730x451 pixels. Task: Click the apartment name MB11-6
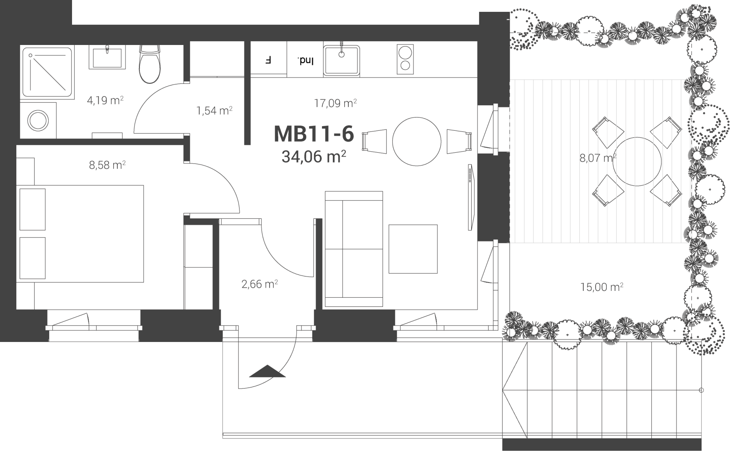(x=314, y=134)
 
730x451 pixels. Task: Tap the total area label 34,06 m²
(x=314, y=156)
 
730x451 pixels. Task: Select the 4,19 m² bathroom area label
(x=105, y=101)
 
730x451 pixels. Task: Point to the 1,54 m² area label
(x=214, y=111)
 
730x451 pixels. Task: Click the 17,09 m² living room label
(x=335, y=103)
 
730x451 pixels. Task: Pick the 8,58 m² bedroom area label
(x=107, y=165)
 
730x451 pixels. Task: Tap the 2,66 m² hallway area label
(x=260, y=284)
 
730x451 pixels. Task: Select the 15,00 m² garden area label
(x=602, y=287)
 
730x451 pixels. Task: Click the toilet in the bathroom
(x=149, y=64)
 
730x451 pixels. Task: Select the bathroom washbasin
(x=107, y=57)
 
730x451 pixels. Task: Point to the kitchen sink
(x=342, y=61)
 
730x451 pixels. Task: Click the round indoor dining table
(x=417, y=141)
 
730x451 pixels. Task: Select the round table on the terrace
(x=637, y=162)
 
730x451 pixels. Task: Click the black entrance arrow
(x=267, y=371)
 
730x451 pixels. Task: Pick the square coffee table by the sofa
(x=413, y=249)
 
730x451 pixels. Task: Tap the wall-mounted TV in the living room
(x=471, y=197)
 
